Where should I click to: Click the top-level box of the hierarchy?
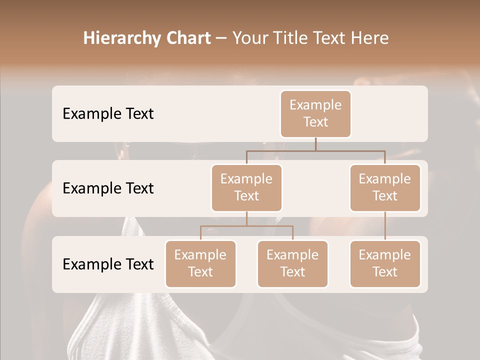pyautogui.click(x=315, y=113)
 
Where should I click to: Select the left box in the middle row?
pyautogui.click(x=246, y=187)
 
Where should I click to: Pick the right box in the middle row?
pyautogui.click(x=385, y=187)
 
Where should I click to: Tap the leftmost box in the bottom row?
pyautogui.click(x=200, y=263)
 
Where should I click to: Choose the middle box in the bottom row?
pyautogui.click(x=292, y=263)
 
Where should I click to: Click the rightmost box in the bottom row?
pyautogui.click(x=385, y=263)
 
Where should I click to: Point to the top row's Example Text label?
pyautogui.click(x=108, y=113)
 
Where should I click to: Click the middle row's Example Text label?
pyautogui.click(x=108, y=188)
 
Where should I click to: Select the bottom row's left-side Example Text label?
pyautogui.click(x=108, y=264)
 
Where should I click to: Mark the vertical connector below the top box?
pyautogui.click(x=315, y=144)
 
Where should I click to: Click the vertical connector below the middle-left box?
pyautogui.click(x=246, y=218)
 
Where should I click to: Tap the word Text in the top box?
pyautogui.click(x=315, y=122)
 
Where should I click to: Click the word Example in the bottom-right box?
pyautogui.click(x=385, y=255)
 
